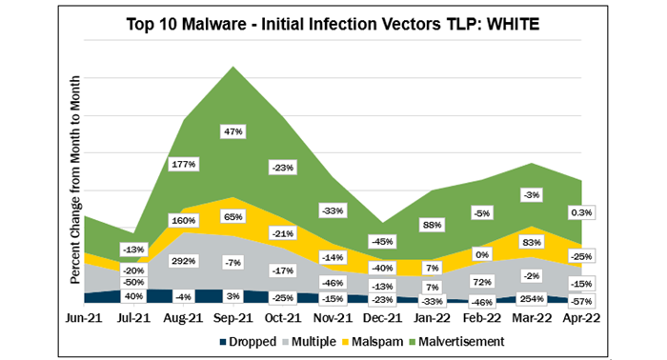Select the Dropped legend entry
click(x=253, y=340)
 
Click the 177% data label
click(x=184, y=164)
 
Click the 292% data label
click(x=184, y=260)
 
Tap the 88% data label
click(x=433, y=226)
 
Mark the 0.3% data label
click(x=580, y=211)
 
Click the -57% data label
click(x=581, y=299)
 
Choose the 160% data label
click(x=184, y=221)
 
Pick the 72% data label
click(x=482, y=283)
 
